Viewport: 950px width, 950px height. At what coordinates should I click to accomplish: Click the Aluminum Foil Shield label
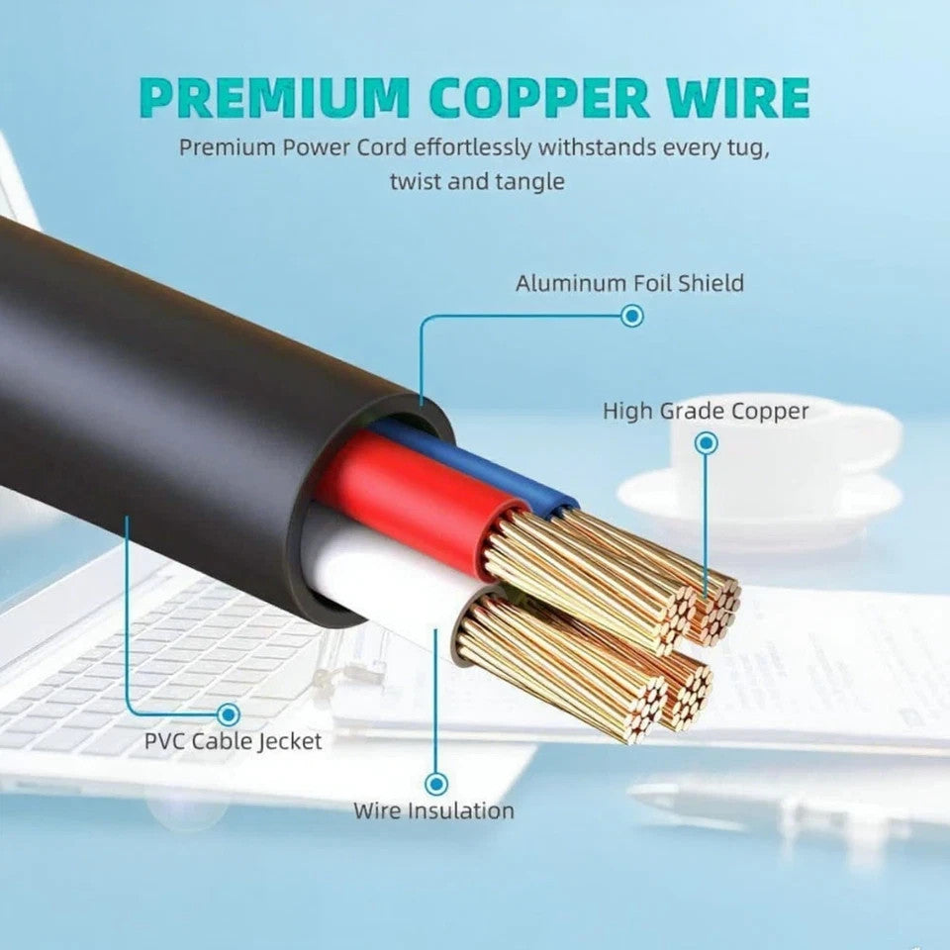tap(629, 284)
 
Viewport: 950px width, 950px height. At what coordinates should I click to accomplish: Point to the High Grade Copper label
tap(706, 411)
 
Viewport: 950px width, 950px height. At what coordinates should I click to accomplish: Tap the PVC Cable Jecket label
tap(234, 740)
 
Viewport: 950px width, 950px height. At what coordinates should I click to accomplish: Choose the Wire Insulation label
tap(434, 811)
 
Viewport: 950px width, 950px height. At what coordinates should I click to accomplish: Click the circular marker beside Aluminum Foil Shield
tap(631, 317)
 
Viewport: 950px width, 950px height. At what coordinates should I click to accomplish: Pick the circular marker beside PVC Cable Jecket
tap(229, 712)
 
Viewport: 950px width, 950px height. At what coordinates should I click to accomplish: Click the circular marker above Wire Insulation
tap(435, 784)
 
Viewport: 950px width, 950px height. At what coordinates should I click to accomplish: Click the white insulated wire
tap(386, 574)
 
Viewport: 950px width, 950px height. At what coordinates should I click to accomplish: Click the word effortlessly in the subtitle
tap(470, 148)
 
